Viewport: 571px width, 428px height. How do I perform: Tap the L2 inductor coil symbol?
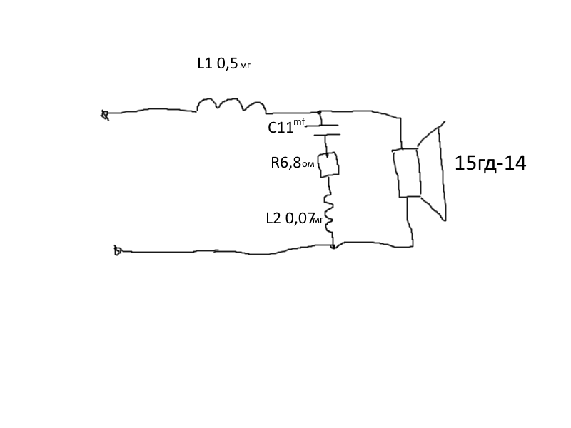click(329, 214)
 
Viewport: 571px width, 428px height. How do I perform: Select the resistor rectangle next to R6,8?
click(329, 165)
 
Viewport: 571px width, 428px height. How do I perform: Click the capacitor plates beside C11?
click(326, 130)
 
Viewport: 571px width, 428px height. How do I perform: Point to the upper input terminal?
click(105, 116)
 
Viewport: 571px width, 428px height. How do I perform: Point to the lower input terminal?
click(118, 250)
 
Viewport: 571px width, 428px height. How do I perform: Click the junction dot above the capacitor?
click(319, 113)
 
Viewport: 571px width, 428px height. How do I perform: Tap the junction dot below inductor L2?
click(333, 247)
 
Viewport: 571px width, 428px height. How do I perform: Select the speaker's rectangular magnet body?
click(406, 173)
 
